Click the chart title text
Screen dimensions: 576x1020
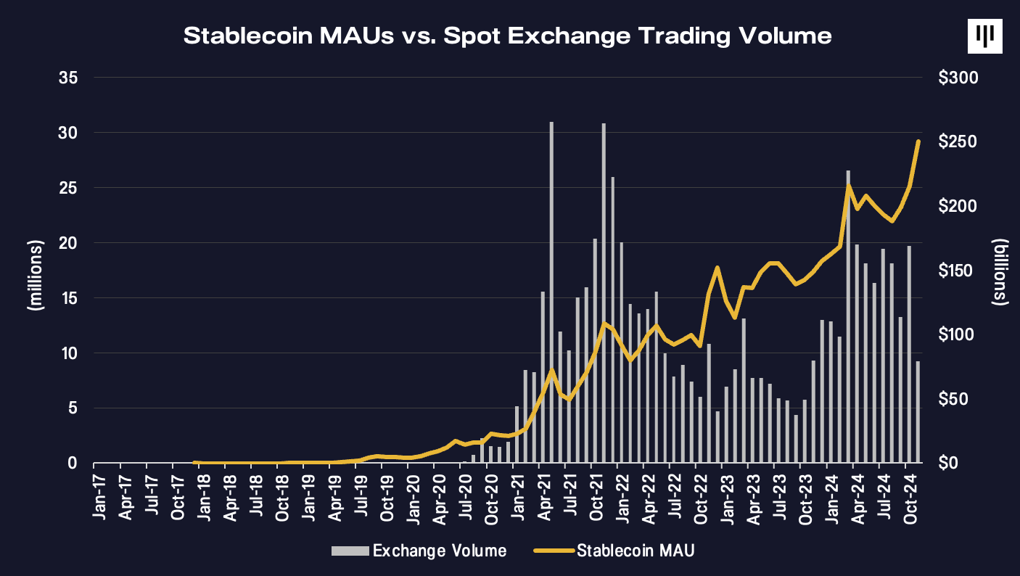507,36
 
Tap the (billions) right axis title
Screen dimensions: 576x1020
1001,271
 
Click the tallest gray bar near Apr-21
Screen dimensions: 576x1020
551,290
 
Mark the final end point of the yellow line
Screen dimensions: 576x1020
918,141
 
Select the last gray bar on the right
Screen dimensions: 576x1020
918,411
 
